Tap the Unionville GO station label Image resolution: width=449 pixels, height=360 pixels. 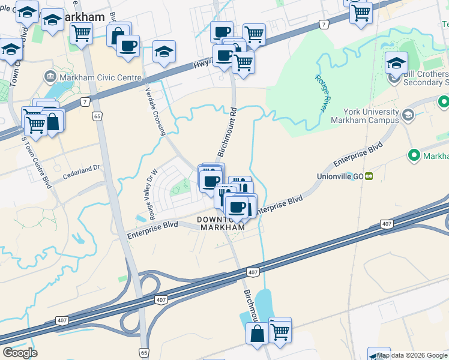340,176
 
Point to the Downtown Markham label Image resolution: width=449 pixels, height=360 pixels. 222,224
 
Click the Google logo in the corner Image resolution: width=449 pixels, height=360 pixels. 20,352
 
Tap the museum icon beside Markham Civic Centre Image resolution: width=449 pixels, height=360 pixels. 50,77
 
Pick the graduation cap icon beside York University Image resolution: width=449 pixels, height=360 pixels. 408,113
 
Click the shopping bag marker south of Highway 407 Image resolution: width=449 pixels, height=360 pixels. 258,334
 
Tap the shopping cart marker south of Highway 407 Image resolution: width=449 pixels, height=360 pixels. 280,329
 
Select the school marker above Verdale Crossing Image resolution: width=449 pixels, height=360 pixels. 164,53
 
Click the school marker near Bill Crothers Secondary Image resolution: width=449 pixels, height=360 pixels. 396,63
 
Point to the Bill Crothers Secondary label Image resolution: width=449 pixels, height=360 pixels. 426,77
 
